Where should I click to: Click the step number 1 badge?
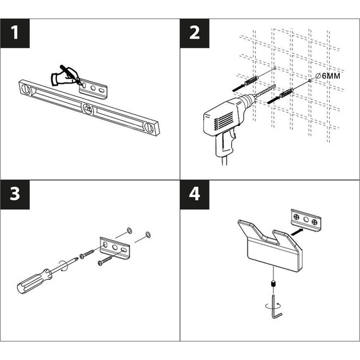(15, 33)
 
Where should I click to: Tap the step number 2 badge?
(195, 33)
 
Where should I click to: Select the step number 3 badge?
(15, 195)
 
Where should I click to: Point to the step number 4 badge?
(195, 195)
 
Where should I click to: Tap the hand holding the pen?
(66, 76)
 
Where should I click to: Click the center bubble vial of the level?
(88, 109)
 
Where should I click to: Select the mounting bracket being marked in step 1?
(93, 89)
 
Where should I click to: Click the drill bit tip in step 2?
(274, 86)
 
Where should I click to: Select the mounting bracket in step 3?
(115, 249)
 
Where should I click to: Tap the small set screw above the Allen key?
(273, 285)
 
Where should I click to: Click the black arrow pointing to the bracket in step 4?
(297, 231)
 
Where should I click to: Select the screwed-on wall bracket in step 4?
(306, 220)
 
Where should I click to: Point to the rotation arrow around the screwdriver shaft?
(63, 267)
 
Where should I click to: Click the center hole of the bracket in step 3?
(114, 248)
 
